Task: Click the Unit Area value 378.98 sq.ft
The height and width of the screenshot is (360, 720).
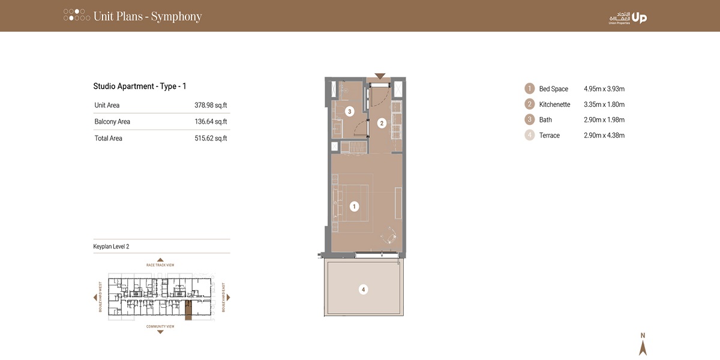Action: point(211,106)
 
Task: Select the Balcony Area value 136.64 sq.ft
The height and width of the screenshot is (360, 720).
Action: point(211,122)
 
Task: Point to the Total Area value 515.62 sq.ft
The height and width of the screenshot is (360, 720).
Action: point(211,139)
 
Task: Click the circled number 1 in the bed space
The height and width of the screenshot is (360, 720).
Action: point(354,206)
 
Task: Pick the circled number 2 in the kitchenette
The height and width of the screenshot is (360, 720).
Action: point(381,124)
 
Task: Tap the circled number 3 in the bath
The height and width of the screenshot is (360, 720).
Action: point(349,112)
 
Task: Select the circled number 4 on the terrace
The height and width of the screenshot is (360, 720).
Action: point(362,290)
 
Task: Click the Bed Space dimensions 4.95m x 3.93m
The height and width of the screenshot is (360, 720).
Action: point(604,89)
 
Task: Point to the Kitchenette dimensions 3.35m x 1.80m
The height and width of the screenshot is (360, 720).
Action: point(604,104)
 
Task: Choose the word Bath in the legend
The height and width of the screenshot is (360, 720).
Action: point(545,120)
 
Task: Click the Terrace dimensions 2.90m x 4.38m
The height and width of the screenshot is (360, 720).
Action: point(604,136)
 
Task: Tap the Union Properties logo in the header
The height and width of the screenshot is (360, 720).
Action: point(628,17)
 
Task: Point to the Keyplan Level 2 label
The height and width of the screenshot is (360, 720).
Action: point(112,247)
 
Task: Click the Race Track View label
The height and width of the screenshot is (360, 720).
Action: point(160,265)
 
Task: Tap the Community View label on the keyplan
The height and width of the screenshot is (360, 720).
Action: point(160,327)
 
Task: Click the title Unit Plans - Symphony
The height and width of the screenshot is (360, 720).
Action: point(148,16)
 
